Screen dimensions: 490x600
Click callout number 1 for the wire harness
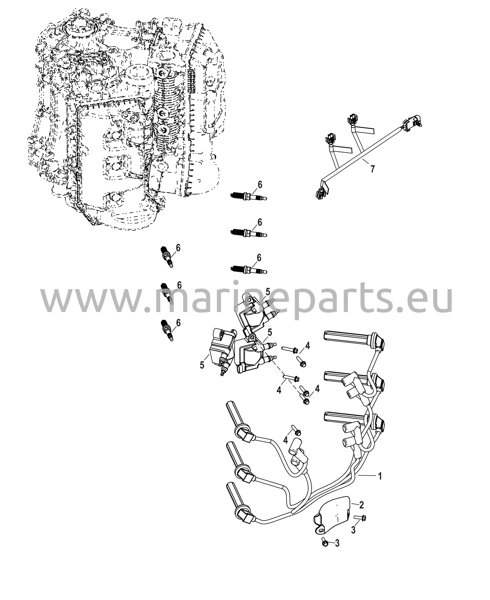380,476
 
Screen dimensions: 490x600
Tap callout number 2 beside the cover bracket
361,505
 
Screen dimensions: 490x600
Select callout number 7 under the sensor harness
372,169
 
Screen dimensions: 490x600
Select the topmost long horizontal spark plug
249,196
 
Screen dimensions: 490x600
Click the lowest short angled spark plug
166,330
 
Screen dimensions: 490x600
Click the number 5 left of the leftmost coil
202,365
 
